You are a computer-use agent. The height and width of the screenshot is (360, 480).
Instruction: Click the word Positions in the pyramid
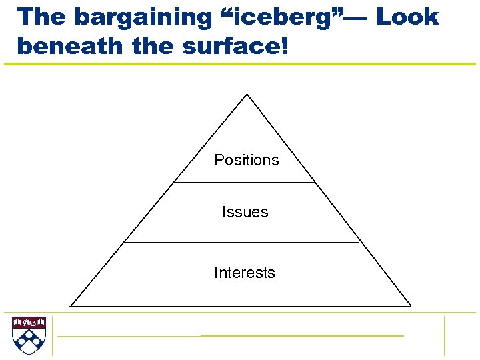coord(246,160)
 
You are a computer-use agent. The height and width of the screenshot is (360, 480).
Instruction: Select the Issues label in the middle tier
coord(245,212)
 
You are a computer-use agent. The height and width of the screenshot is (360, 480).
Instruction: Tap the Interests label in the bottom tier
coord(244,273)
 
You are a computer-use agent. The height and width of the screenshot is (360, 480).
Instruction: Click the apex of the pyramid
coord(247,94)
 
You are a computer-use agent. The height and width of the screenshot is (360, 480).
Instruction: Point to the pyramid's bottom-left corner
coord(71,306)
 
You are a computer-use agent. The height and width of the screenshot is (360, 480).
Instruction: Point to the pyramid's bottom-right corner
coord(411,306)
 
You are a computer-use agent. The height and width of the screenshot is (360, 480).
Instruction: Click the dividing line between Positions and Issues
coord(244,182)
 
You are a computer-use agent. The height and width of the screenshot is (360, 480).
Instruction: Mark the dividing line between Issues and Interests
coord(243,243)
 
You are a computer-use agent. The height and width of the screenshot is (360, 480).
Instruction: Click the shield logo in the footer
coord(28,335)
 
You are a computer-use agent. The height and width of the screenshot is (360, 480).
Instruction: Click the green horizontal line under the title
coord(240,64)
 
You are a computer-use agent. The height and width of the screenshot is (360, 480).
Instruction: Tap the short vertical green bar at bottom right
coord(444,335)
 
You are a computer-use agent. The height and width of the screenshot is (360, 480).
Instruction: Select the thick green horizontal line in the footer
coord(301,335)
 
